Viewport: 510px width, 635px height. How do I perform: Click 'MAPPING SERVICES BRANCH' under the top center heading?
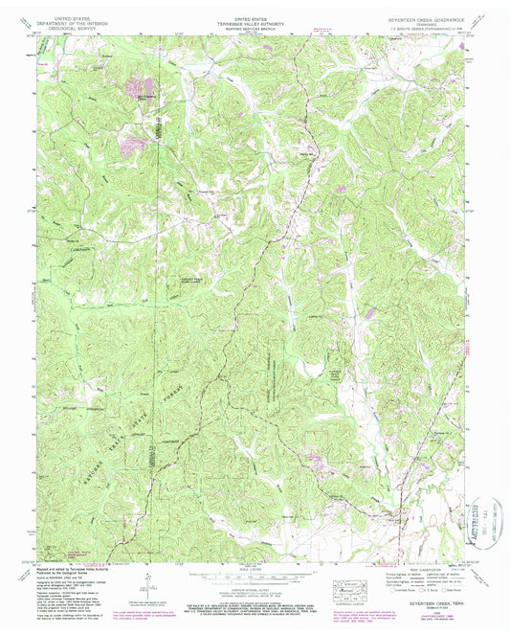(256, 25)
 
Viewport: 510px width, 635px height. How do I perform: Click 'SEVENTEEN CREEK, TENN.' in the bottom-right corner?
(434, 601)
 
